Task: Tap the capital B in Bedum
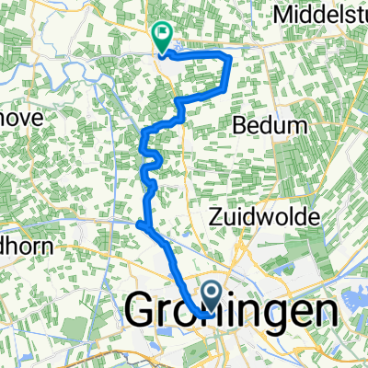pyautogui.click(x=243, y=122)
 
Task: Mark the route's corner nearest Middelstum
pyautogui.click(x=227, y=59)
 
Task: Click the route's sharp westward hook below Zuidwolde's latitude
pyautogui.click(x=138, y=224)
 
